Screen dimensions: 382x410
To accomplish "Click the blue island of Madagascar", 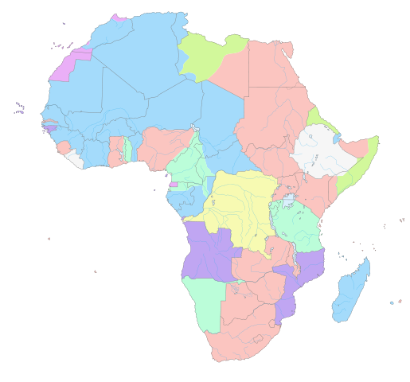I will (350, 290).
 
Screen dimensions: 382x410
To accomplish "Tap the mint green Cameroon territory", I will (188, 163).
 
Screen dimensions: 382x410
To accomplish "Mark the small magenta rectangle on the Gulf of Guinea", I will (173, 185).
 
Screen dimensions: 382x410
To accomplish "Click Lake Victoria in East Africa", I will (288, 198).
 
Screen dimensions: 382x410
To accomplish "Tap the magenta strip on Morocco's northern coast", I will (119, 18).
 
